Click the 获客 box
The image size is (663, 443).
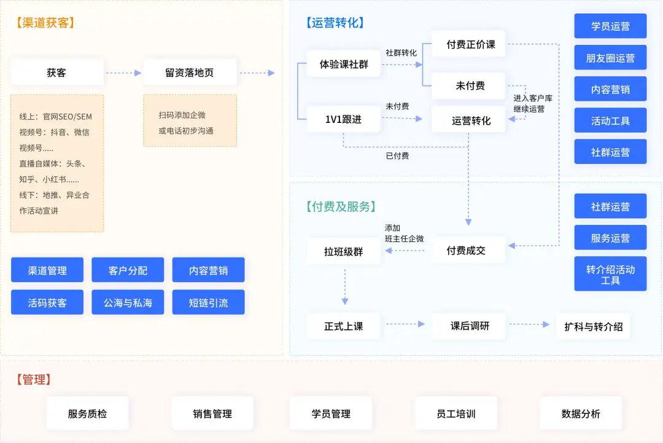56,73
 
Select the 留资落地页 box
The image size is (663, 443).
190,73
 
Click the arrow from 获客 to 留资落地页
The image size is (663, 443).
123,73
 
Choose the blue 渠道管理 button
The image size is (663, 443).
47,270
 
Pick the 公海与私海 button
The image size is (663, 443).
128,302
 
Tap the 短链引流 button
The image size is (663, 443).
208,302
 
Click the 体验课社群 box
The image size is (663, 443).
344,64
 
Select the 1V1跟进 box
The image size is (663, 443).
343,119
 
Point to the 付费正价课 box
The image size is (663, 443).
470,44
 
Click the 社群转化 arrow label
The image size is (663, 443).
401,53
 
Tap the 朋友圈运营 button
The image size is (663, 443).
610,58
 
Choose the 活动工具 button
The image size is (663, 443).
610,121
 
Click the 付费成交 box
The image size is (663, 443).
466,251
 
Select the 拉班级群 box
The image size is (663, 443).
343,251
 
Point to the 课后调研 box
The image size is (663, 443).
470,326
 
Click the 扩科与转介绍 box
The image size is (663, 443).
593,327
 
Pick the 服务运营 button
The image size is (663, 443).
610,238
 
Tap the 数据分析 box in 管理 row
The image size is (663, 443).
581,414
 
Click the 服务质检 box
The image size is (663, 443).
87,414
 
